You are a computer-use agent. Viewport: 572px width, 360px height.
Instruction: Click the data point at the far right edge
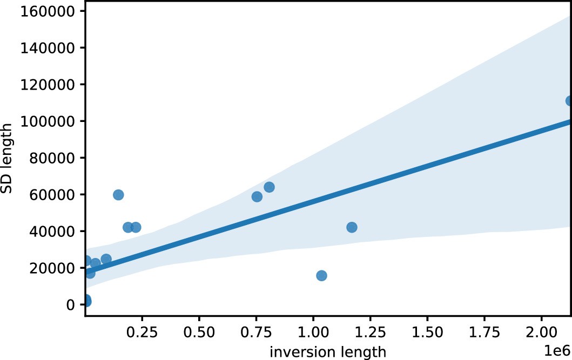(569, 101)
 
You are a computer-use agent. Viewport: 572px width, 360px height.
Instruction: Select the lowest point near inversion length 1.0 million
(321, 276)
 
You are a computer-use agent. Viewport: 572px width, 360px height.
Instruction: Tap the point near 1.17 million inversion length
(352, 227)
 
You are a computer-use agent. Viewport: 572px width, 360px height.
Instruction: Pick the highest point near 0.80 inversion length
(269, 187)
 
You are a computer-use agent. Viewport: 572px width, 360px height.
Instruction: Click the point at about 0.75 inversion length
(257, 196)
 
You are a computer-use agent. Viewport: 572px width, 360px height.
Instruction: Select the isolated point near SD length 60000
(118, 195)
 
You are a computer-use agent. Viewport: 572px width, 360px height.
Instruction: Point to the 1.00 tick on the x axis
(314, 330)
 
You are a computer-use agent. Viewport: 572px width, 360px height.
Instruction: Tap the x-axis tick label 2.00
(542, 330)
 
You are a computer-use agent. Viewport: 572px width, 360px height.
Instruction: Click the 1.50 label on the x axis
(428, 330)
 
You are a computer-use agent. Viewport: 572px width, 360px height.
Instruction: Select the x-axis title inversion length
(328, 352)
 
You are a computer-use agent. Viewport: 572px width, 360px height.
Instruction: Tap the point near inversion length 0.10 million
(106, 259)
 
